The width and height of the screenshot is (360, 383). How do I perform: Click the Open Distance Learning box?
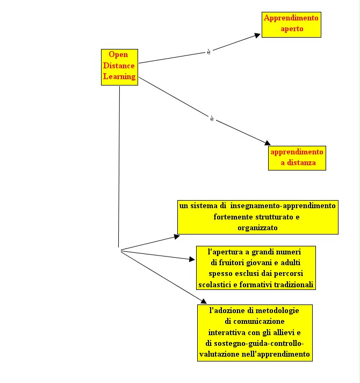[x=119, y=67]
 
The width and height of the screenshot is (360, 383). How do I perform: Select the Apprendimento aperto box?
[x=291, y=25]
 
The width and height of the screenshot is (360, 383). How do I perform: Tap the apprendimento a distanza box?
[x=297, y=158]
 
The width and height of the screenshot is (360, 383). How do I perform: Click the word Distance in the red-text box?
[x=119, y=66]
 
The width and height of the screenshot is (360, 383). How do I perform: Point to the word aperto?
[x=292, y=29]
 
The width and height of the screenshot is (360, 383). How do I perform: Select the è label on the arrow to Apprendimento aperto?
[x=208, y=52]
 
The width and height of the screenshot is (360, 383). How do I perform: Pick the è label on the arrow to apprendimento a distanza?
[x=212, y=119]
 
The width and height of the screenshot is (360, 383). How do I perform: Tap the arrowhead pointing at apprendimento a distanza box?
[x=268, y=143]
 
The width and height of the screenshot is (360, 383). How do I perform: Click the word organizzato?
[x=257, y=228]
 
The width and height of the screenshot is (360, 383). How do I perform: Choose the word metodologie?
[x=275, y=310]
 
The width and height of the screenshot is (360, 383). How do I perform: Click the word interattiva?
[x=227, y=332]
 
